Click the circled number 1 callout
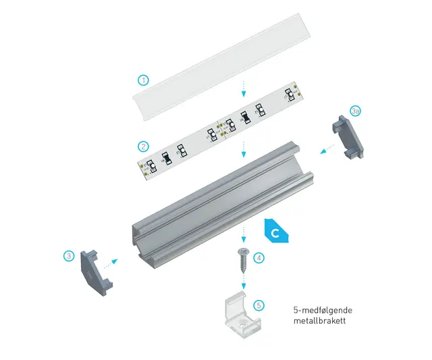point(143,80)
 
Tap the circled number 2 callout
point(143,147)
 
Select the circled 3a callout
point(356,111)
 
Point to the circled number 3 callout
point(69,256)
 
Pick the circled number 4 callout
point(259,258)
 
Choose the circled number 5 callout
point(259,305)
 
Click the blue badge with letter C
point(276,231)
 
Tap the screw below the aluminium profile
point(243,260)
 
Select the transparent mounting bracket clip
point(242,315)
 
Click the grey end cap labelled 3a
point(348,136)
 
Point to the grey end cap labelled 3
point(97,273)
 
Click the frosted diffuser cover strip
point(221,68)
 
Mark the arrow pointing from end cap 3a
point(327,149)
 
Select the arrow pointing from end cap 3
point(111,263)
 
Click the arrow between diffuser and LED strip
point(243,88)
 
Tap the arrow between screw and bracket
point(243,280)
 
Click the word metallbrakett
point(319,321)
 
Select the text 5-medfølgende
point(323,311)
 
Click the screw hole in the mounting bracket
point(242,325)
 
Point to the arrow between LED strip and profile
point(243,149)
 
